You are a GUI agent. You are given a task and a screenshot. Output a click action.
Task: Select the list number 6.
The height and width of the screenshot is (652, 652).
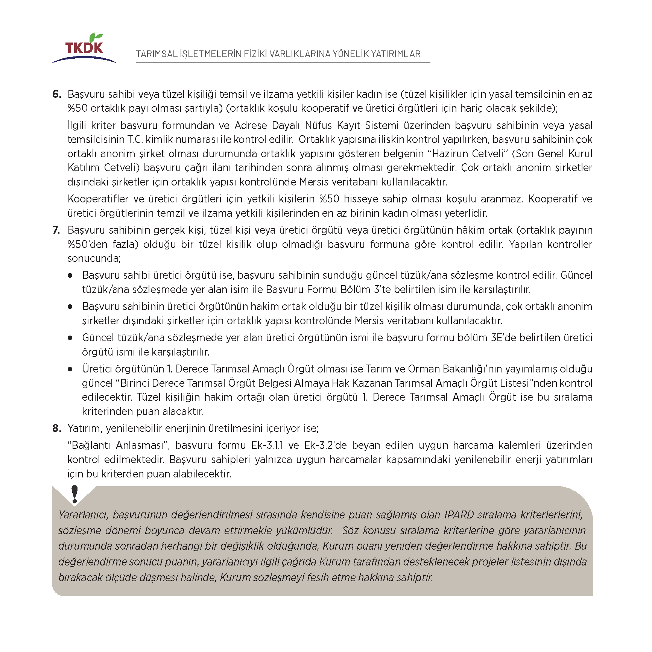coord(56,94)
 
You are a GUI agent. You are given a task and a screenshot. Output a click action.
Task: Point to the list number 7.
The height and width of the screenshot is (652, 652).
coord(56,230)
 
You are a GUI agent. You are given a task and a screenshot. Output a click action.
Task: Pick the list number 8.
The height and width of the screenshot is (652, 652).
coord(56,428)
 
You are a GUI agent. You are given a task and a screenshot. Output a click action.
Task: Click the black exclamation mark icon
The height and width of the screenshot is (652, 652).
coord(74,494)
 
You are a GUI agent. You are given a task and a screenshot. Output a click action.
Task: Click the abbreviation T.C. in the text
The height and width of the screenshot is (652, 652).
coord(135,140)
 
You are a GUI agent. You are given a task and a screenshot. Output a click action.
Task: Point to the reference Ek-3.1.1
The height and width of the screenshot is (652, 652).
coord(267,445)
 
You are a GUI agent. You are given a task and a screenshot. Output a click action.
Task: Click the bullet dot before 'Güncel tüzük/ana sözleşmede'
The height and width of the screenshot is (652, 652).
coord(70,338)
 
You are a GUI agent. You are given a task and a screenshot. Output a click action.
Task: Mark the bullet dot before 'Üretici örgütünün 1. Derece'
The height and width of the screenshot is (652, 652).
coord(70,369)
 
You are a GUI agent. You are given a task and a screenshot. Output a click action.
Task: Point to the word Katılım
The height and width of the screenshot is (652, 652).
coord(84,167)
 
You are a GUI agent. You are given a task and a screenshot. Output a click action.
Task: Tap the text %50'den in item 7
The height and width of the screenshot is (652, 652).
coord(87,244)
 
